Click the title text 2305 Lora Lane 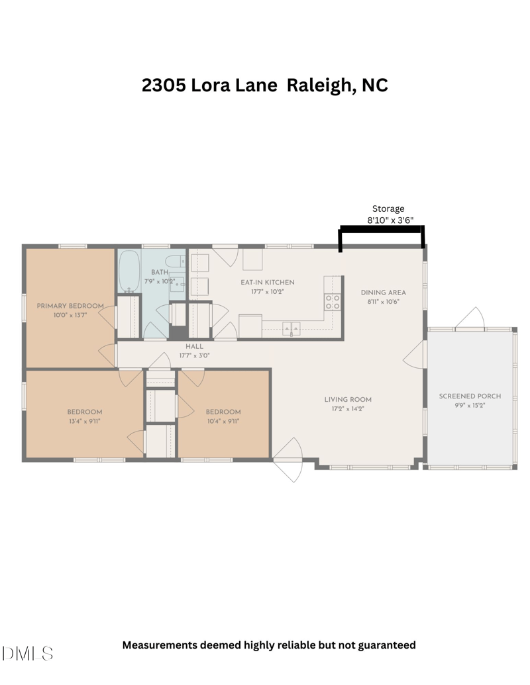[209, 85]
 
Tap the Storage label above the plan [388, 209]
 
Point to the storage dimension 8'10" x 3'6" [390, 220]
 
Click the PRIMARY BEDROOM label [70, 306]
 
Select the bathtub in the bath [129, 271]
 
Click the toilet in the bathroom [176, 261]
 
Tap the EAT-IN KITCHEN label [268, 282]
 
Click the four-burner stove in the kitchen [333, 302]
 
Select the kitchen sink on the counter [291, 328]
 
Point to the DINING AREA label [383, 293]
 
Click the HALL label [194, 346]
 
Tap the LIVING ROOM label [348, 399]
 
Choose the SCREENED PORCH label [470, 396]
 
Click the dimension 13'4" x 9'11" [84, 421]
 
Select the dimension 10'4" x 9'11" [223, 421]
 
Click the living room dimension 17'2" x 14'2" [348, 409]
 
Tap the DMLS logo [27, 653]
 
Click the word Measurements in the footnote [160, 645]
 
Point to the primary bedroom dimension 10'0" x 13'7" [70, 315]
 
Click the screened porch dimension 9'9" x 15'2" [470, 406]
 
